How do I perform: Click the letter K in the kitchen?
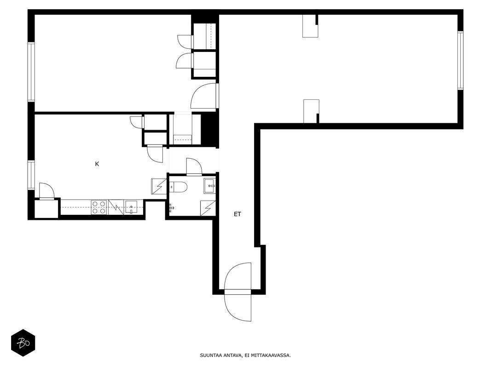tap(97, 164)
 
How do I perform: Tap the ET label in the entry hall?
tap(237, 214)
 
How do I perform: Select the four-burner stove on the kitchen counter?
tap(99, 207)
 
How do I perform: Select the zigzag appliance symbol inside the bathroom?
tap(208, 208)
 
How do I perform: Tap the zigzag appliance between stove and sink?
tap(116, 207)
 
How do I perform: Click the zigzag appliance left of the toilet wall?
tap(159, 186)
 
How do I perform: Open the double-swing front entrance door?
tap(238, 292)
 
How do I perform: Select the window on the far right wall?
tap(460, 61)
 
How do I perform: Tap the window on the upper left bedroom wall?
tap(31, 72)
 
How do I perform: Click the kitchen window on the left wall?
tap(31, 175)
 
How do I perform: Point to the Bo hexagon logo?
tap(23, 343)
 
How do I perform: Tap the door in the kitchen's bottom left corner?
tap(46, 191)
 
